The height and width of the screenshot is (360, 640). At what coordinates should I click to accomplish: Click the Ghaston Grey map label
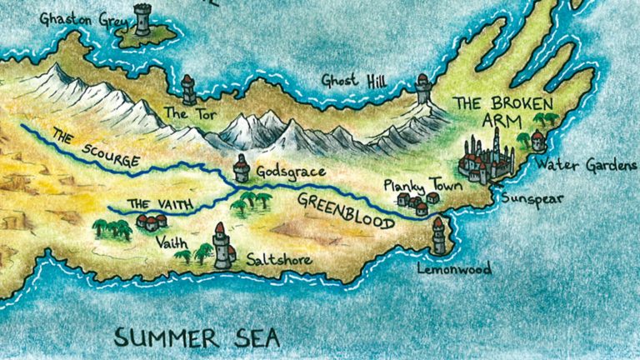pyautogui.click(x=78, y=17)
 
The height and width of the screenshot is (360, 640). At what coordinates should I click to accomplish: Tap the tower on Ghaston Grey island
pyautogui.click(x=142, y=19)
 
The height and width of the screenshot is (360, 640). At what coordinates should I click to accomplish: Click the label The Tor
pyautogui.click(x=182, y=112)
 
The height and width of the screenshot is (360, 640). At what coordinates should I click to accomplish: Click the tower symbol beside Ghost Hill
pyautogui.click(x=423, y=88)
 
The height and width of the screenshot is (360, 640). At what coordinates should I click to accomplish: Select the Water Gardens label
pyautogui.click(x=586, y=165)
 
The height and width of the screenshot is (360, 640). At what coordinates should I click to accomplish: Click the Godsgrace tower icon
pyautogui.click(x=242, y=168)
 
